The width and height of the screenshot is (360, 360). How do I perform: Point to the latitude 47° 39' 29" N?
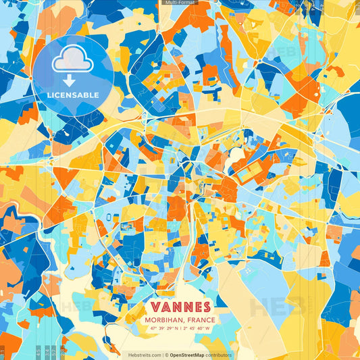coord(165,328)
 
